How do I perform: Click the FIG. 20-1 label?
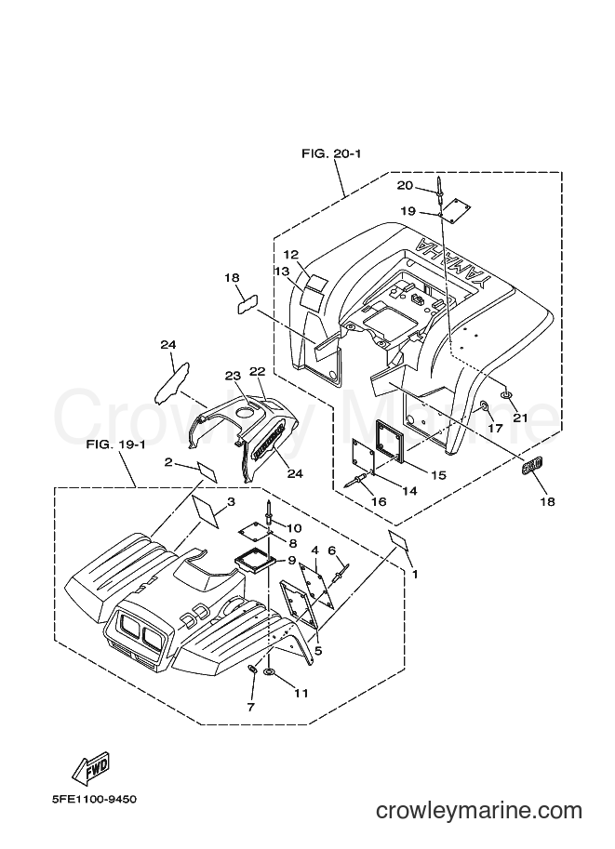pyautogui.click(x=331, y=153)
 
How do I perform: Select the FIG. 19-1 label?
pyautogui.click(x=115, y=445)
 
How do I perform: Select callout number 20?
pyautogui.click(x=405, y=186)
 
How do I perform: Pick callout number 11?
pyautogui.click(x=301, y=693)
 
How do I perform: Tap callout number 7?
pyautogui.click(x=250, y=707)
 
